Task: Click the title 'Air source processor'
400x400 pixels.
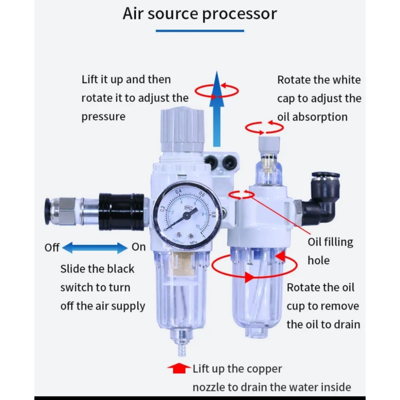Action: tap(200, 14)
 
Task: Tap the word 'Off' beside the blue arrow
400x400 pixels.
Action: tap(52, 248)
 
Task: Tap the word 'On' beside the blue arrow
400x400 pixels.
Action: tap(138, 247)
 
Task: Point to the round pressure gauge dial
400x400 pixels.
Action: tap(187, 215)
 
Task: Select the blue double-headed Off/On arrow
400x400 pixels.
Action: tap(95, 247)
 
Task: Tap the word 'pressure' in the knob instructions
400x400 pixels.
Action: tap(103, 117)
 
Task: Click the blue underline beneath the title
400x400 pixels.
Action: tap(200, 30)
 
